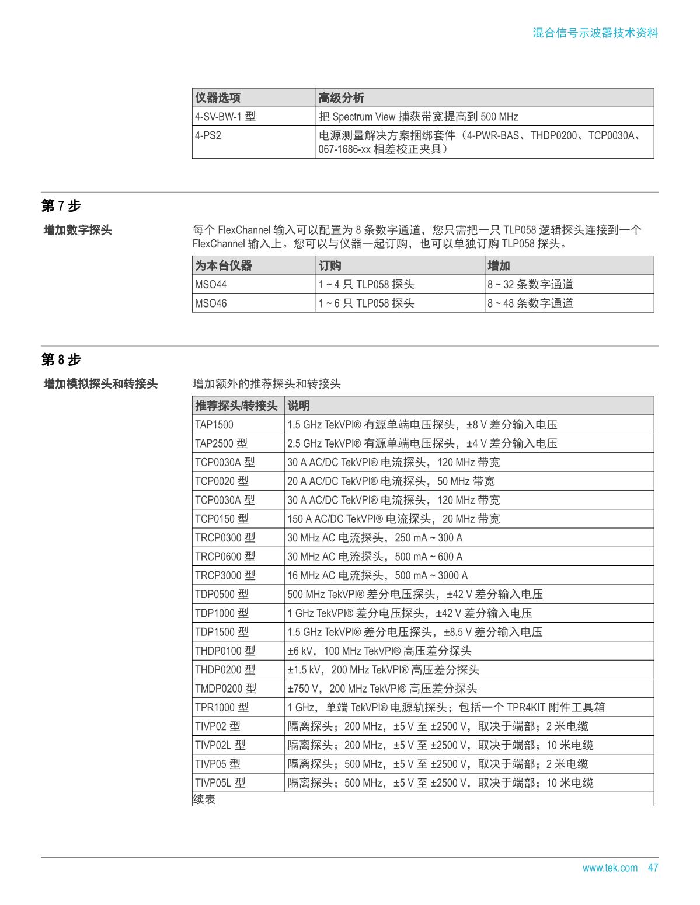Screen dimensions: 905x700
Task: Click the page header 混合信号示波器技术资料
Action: [x=595, y=33]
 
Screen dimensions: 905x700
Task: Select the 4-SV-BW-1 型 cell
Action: [x=225, y=117]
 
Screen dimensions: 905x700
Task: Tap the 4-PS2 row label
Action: [x=208, y=135]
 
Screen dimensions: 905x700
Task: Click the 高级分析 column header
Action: [x=342, y=97]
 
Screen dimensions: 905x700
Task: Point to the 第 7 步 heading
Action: [x=61, y=205]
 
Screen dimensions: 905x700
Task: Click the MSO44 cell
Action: [x=211, y=285]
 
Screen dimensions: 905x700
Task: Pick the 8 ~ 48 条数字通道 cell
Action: [x=531, y=303]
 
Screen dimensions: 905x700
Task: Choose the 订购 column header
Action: [x=330, y=266]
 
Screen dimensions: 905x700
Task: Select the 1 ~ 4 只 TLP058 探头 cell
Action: [x=366, y=285]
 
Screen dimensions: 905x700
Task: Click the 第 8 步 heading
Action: [x=61, y=359]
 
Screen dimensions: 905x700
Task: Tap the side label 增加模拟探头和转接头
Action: [x=100, y=384]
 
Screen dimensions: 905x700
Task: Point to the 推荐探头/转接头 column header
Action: [x=236, y=406]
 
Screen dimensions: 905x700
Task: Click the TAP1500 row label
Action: [x=214, y=425]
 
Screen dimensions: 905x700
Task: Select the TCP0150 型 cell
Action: [x=222, y=519]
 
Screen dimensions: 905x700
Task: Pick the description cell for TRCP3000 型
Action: [x=377, y=575]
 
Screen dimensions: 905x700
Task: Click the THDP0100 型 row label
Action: [x=225, y=651]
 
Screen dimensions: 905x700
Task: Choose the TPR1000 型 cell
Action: [x=222, y=707]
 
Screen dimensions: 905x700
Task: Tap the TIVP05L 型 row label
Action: [x=220, y=782]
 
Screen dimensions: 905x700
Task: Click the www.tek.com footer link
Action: [x=610, y=868]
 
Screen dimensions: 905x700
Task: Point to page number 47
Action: [x=653, y=868]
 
